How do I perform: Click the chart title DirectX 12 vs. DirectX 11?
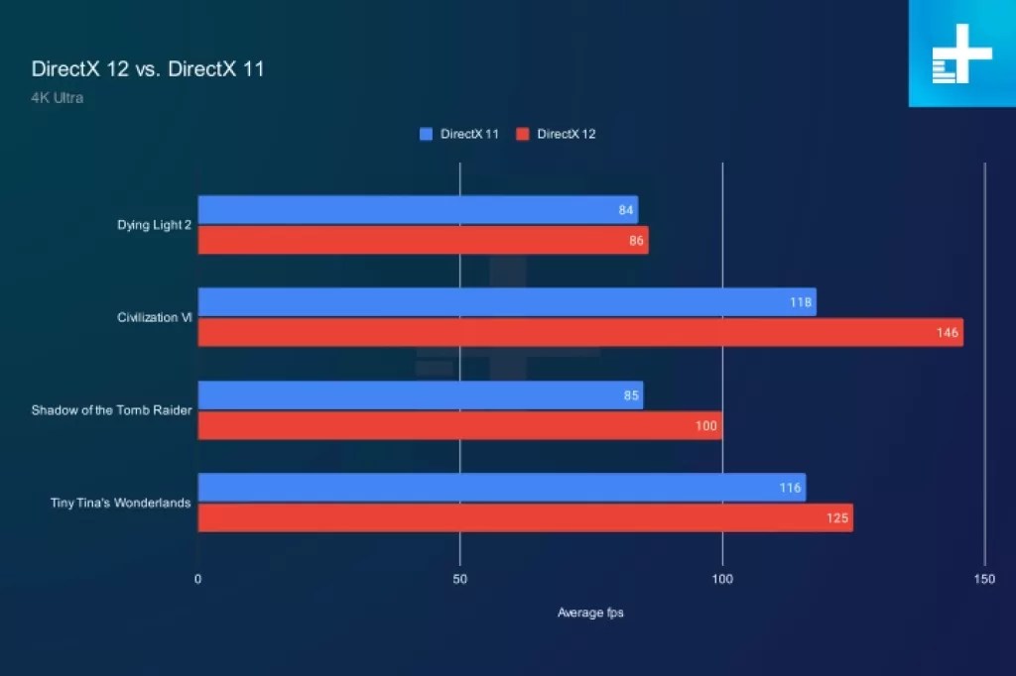pos(148,69)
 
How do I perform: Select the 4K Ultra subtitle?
pos(58,98)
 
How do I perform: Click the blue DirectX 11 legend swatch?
pos(427,134)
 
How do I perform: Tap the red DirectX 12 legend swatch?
pos(523,134)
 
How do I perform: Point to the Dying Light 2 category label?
pos(154,225)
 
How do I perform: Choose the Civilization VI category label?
pos(154,317)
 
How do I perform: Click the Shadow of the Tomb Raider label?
pos(111,410)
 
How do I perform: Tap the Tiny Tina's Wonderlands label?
pos(120,503)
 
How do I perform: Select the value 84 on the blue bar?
pos(625,210)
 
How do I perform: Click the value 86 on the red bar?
pos(636,241)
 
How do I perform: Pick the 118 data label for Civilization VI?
pos(801,302)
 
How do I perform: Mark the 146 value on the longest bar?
pos(948,333)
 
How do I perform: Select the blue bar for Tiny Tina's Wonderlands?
pos(501,488)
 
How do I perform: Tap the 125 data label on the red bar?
pos(837,518)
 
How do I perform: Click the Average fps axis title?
pos(590,613)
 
